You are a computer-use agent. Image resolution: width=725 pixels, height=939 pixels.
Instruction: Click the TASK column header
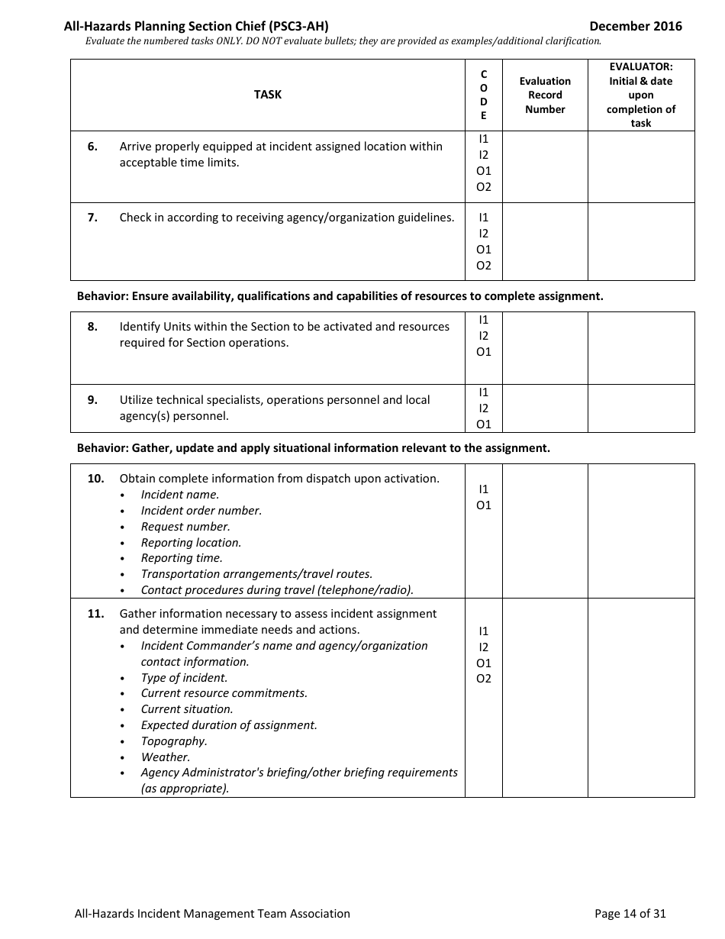coord(267,95)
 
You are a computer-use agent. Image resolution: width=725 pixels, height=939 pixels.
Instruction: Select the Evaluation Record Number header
coord(545,95)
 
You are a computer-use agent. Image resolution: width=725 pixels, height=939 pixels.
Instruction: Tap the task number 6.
coord(92,147)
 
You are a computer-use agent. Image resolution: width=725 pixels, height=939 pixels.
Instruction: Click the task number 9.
coord(92,400)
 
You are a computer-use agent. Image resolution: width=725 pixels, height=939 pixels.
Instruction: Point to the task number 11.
coord(95,614)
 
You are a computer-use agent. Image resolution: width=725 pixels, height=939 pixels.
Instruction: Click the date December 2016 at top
coord(636,26)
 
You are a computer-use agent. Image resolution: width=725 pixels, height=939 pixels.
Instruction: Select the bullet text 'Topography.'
coord(174,741)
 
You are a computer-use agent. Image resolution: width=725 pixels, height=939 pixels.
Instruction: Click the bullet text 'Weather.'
coord(166,757)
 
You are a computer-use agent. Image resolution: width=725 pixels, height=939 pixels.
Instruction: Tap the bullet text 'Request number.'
coord(185,527)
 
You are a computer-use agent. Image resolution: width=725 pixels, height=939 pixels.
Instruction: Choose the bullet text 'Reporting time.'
coord(182,558)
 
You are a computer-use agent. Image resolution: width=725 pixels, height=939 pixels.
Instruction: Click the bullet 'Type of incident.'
coord(184,678)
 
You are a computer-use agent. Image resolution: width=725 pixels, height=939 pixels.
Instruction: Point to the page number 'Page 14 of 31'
coord(630,913)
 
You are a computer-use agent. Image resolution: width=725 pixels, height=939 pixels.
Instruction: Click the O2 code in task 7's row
coord(484,266)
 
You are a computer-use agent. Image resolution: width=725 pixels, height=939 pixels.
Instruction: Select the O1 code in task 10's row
coord(484,505)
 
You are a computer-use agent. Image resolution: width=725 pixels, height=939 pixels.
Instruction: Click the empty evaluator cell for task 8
coord(641,347)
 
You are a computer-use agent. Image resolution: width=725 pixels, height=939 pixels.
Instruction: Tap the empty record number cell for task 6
coord(545,166)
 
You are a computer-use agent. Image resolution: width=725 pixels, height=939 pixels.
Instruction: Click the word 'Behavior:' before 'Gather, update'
coord(102,448)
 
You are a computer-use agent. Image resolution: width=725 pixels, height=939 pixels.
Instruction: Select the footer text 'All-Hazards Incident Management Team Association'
coord(212,913)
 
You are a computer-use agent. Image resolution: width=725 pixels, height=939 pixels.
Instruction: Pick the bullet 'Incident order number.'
coord(201,511)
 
